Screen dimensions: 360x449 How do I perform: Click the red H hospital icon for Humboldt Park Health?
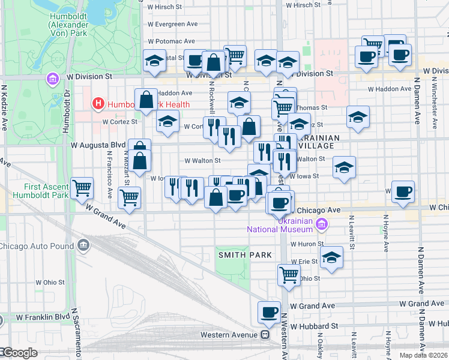[x=98, y=104]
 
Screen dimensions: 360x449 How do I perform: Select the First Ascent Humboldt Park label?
[x=34, y=191]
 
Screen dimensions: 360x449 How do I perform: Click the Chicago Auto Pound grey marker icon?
[x=83, y=245]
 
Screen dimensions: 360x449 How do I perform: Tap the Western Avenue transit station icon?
[x=264, y=334]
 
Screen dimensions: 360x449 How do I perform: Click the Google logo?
[x=19, y=353]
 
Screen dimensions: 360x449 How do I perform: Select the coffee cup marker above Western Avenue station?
[x=269, y=312]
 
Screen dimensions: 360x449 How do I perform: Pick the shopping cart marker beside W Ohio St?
[x=289, y=275]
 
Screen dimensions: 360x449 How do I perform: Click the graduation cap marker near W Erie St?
[x=331, y=257]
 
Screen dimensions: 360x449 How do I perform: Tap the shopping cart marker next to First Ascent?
[x=82, y=188]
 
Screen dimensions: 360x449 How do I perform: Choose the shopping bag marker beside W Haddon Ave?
[x=146, y=100]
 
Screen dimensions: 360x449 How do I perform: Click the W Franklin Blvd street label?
[x=43, y=317]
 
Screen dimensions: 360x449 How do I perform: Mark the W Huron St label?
[x=307, y=244]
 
